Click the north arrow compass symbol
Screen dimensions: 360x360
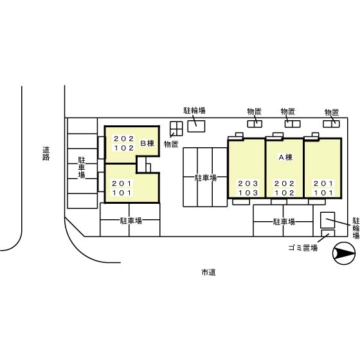pos(344,253)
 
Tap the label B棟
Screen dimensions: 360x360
pos(147,143)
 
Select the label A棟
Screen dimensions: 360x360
pos(285,157)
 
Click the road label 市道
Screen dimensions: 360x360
pos(208,273)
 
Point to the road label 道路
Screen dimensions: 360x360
pos(46,154)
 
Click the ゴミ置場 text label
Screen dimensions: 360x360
pos(303,248)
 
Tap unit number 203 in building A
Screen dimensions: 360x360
pos(248,183)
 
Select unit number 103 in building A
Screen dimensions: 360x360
pos(248,193)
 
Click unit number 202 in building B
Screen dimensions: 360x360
pos(123,139)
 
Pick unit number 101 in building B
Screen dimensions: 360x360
pos(122,193)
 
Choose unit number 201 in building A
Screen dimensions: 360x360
pos(323,183)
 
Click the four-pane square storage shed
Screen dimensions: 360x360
pos(176,129)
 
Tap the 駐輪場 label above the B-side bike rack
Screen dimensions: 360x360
pos(194,111)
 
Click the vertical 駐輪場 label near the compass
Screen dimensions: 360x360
pos(356,228)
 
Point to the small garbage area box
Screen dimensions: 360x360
pos(328,233)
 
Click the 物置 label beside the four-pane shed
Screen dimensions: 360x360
pos(171,144)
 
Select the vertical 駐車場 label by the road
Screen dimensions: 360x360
pos(82,167)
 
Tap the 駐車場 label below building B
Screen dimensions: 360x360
pos(131,221)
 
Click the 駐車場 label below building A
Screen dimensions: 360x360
pos(283,222)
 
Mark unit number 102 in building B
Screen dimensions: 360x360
pos(123,148)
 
